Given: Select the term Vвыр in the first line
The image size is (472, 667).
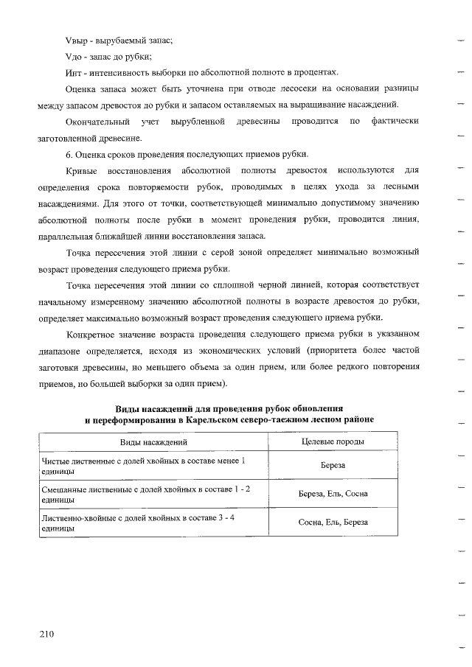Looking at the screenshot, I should click(x=77, y=39).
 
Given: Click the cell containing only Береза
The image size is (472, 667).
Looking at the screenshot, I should click(x=333, y=466).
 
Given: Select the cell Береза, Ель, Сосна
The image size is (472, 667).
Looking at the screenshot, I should click(x=333, y=494).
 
